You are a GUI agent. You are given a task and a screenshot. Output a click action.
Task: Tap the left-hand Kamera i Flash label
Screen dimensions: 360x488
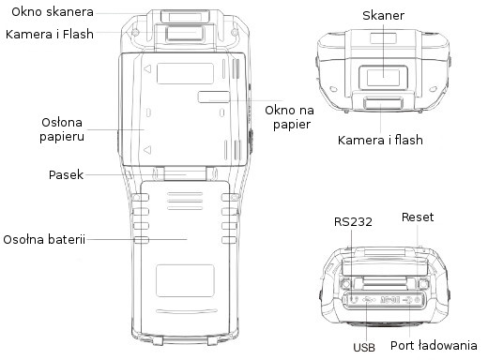(x=53, y=36)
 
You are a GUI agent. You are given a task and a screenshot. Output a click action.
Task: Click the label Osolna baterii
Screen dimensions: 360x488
(x=45, y=239)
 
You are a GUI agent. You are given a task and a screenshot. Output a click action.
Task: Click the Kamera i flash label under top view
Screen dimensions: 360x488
(x=380, y=141)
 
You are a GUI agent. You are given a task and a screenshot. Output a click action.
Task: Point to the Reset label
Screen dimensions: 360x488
(x=418, y=217)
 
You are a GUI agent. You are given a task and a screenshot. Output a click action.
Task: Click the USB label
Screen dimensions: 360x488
(x=365, y=348)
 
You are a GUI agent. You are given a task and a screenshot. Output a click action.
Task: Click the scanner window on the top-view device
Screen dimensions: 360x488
(x=382, y=77)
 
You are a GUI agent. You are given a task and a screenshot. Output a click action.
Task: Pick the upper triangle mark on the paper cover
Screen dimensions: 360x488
(x=147, y=69)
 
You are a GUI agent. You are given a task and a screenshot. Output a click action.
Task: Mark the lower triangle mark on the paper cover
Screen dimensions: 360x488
(x=147, y=147)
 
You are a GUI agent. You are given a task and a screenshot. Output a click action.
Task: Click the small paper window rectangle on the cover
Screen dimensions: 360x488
(x=215, y=97)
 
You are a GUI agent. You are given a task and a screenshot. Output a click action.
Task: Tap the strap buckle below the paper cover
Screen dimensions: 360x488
(x=186, y=172)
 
